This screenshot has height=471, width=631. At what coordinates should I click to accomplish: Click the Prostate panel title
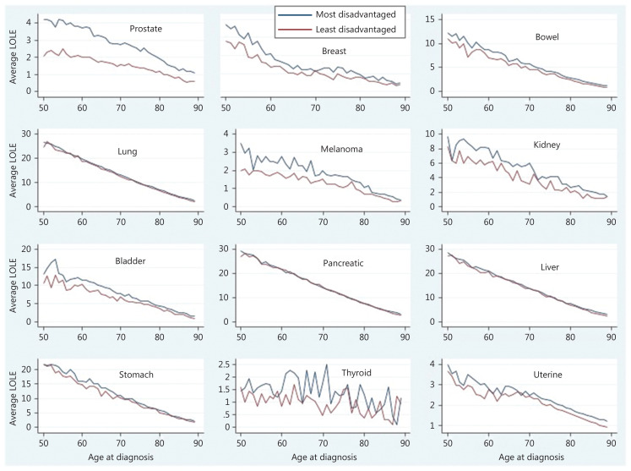(x=145, y=29)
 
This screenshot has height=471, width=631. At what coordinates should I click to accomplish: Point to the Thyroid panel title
(x=356, y=373)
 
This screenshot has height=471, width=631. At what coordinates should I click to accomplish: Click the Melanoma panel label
(x=341, y=149)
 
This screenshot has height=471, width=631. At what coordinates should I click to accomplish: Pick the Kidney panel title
(x=547, y=145)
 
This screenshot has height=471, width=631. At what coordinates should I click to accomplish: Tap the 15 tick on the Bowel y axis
(x=431, y=19)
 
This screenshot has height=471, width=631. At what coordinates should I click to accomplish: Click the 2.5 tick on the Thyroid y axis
(x=222, y=364)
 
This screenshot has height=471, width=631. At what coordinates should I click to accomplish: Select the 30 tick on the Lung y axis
(x=27, y=134)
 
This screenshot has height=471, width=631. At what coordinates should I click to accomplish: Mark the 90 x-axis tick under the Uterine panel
(x=611, y=443)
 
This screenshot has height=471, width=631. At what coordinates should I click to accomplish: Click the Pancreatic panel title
(x=343, y=263)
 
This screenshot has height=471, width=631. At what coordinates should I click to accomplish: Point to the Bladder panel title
(x=130, y=260)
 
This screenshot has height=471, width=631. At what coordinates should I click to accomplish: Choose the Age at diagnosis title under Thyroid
(x=324, y=457)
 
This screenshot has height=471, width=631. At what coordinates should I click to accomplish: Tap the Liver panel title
(x=550, y=267)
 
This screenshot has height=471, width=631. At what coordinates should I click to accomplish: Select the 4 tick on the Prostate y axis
(x=29, y=23)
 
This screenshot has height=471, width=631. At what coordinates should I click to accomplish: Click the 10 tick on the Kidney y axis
(x=430, y=134)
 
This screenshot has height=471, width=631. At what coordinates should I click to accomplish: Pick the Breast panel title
(x=334, y=52)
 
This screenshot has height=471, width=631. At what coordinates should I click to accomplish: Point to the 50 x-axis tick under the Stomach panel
(x=43, y=443)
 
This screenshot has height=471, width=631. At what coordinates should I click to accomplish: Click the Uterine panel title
(x=547, y=375)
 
